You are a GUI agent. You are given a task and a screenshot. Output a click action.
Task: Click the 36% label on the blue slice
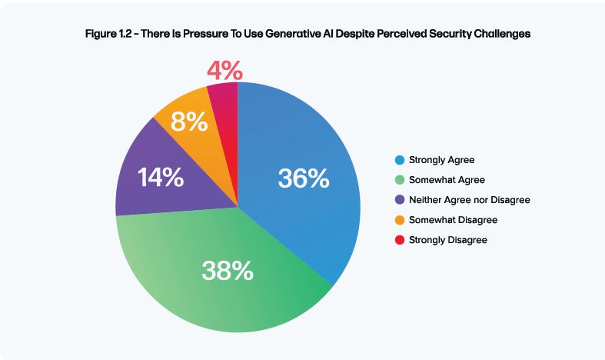304,179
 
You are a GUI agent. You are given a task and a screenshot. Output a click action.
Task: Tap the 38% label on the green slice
227,269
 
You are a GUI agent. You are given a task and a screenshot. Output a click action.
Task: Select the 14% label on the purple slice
161,178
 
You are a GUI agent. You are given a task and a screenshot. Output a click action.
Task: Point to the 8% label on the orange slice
189,122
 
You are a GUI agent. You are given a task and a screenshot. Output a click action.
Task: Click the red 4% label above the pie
225,71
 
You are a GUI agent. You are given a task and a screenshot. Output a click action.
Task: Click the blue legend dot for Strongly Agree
399,160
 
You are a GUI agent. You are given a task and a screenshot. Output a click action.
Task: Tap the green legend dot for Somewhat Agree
399,180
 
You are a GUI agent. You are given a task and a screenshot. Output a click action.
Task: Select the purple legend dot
399,200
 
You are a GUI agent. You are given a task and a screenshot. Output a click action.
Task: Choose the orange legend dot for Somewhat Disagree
399,220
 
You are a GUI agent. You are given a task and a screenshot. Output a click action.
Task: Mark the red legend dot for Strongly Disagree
399,240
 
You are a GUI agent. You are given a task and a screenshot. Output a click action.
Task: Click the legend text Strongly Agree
442,160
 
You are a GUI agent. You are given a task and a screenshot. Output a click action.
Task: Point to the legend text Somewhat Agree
446,180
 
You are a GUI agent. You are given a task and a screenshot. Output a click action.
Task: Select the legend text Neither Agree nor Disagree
470,200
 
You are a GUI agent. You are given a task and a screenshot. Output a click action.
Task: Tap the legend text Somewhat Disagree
454,220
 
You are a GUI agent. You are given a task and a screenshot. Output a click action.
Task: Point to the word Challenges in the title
499,35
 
